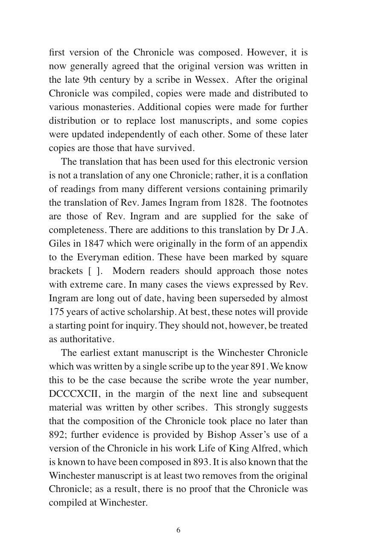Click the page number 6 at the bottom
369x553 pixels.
click(178, 530)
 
